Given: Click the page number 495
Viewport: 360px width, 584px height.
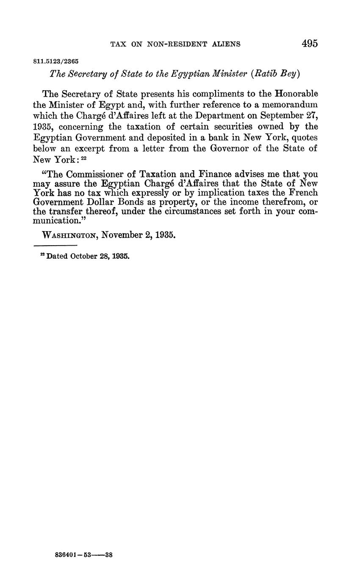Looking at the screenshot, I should coord(310,43).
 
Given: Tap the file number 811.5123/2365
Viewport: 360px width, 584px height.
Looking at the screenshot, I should coord(56,61).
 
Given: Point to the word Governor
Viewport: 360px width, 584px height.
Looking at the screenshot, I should coord(226,149).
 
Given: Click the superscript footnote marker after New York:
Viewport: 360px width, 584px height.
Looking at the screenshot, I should coord(83,158).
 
